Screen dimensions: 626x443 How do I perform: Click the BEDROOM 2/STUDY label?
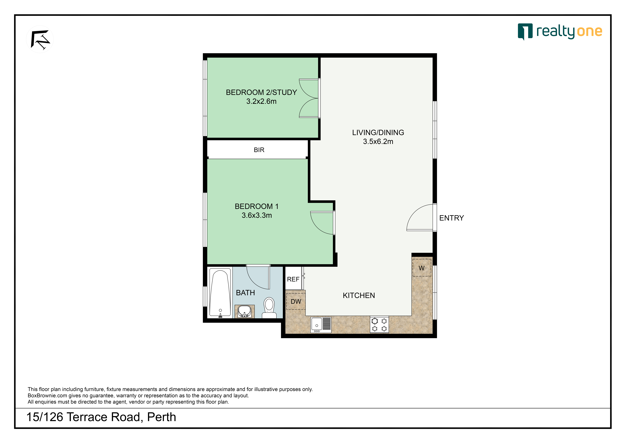pyautogui.click(x=261, y=92)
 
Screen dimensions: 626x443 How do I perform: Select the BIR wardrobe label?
pyautogui.click(x=259, y=150)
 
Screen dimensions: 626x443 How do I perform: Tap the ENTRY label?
pyautogui.click(x=451, y=218)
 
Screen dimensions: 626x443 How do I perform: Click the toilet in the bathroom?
pyautogui.click(x=269, y=308)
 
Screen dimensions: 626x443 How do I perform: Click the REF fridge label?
pyautogui.click(x=293, y=279)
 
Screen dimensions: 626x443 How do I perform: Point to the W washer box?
pyautogui.click(x=422, y=268)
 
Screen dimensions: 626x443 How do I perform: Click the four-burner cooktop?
pyautogui.click(x=379, y=325)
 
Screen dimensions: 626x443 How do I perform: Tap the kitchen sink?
pyautogui.click(x=321, y=325)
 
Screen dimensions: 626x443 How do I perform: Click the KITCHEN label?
pyautogui.click(x=359, y=295)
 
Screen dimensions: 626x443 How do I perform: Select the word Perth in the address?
pyautogui.click(x=162, y=417)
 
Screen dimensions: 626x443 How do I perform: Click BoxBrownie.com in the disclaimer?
pyautogui.click(x=47, y=396)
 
